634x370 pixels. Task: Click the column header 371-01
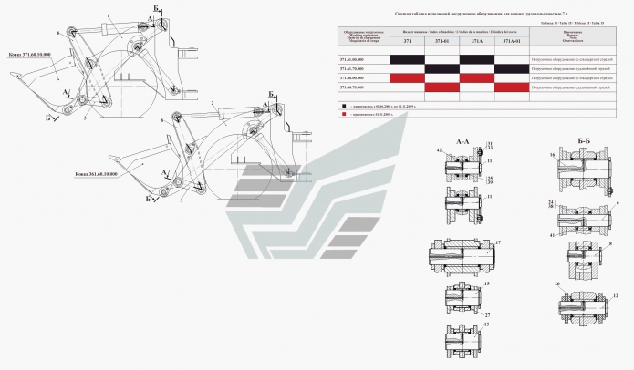(442, 41)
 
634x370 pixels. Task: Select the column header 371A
(477, 41)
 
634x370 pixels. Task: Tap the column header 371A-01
(512, 41)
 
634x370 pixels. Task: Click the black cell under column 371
(407, 58)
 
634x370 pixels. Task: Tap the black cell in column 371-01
(442, 68)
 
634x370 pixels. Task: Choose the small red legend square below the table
(345, 118)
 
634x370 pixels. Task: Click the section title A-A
(463, 141)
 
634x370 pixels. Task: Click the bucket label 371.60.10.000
(27, 54)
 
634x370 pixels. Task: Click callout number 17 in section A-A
(499, 242)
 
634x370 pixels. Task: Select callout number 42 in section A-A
(440, 149)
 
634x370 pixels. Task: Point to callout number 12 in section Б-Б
(616, 296)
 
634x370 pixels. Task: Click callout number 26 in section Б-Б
(556, 283)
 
